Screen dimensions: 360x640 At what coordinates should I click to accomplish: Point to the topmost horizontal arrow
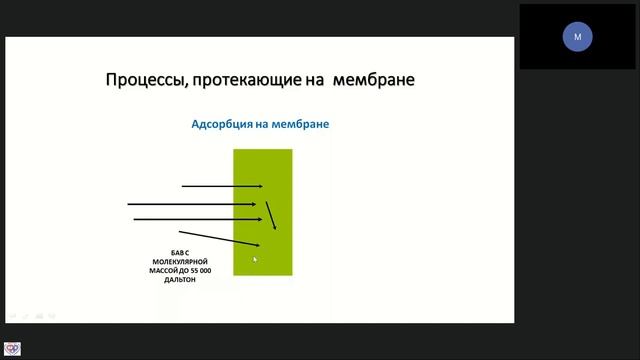point(221,186)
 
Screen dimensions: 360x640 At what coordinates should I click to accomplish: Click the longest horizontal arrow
point(195,204)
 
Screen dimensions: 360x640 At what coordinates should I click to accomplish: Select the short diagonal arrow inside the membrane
point(272,215)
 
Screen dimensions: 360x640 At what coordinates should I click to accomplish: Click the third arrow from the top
point(198,218)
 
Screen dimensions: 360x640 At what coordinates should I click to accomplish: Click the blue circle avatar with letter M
point(577,37)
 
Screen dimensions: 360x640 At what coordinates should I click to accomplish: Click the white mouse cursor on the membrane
point(255,260)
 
